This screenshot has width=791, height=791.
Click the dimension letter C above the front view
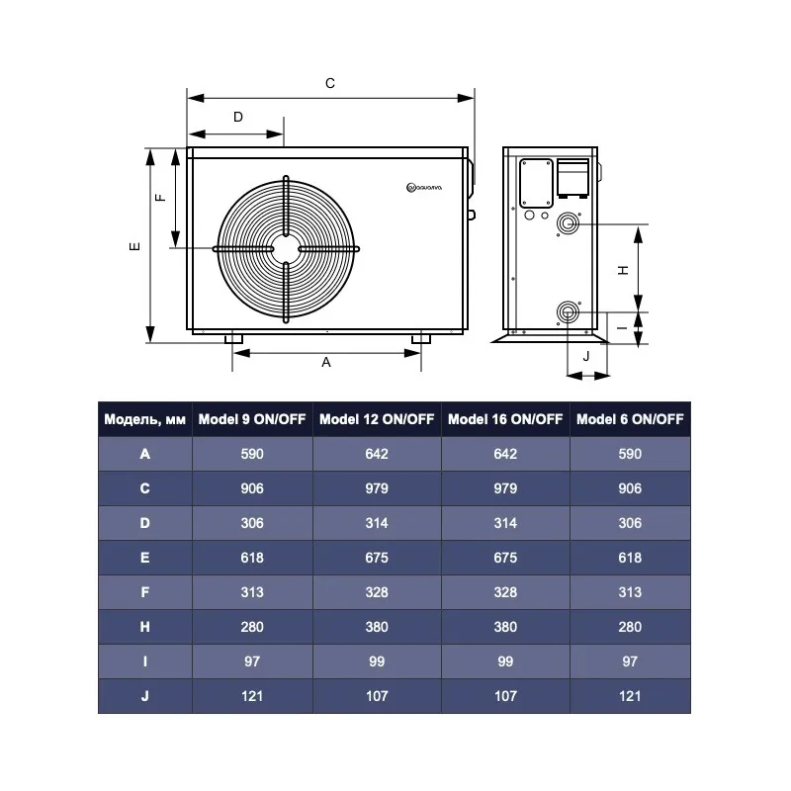(x=330, y=83)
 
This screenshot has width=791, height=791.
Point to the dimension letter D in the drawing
(x=238, y=117)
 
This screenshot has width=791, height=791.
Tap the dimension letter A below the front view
(x=326, y=362)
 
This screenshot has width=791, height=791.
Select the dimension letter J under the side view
(x=586, y=357)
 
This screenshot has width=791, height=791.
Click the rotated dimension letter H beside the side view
(x=624, y=270)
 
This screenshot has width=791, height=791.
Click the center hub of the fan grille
(x=286, y=249)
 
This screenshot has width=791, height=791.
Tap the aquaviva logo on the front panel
(x=424, y=188)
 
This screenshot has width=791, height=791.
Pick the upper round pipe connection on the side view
(x=568, y=223)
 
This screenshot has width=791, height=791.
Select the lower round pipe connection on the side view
(x=568, y=312)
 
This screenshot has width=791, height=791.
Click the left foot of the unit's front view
(x=233, y=338)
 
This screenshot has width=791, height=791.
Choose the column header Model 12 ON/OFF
(x=377, y=419)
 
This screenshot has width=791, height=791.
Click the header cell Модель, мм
(x=144, y=419)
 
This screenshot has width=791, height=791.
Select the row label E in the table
(x=144, y=558)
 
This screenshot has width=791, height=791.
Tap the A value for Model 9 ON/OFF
(x=252, y=454)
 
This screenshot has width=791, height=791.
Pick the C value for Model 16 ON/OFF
(x=505, y=488)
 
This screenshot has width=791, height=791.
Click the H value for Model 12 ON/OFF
(x=377, y=627)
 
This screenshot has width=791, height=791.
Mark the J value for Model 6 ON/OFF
(x=630, y=696)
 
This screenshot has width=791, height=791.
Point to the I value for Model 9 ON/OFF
(x=252, y=661)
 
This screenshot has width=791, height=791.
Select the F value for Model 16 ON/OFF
(x=505, y=592)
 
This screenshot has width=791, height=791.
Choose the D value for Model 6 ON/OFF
(x=630, y=523)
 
